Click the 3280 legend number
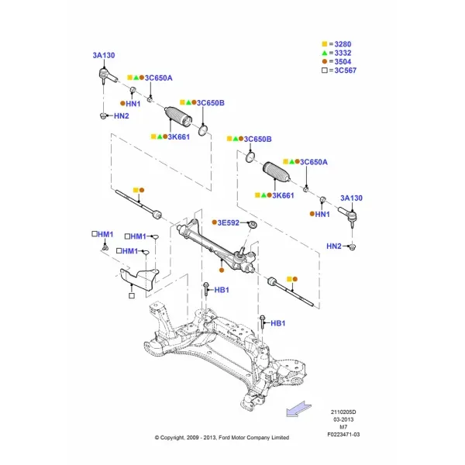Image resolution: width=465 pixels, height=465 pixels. click(343, 44)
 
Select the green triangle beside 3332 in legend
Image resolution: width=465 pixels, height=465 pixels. click(325, 53)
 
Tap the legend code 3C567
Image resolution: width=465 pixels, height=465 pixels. click(345, 71)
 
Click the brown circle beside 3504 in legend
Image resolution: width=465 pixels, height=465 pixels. click(325, 61)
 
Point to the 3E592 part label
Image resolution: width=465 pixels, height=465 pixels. click(229, 222)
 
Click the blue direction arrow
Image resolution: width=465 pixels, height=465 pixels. click(298, 409)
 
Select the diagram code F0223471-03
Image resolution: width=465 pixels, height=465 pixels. click(343, 435)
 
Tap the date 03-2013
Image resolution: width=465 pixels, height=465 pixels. click(343, 419)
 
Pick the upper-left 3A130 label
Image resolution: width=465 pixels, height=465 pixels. click(104, 56)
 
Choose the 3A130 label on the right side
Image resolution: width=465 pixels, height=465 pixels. click(351, 198)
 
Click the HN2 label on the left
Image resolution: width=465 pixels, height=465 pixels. click(122, 116)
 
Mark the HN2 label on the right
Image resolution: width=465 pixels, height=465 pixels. click(334, 246)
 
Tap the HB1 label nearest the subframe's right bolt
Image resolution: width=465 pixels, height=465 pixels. click(278, 323)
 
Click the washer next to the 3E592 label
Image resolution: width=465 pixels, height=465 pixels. click(253, 225)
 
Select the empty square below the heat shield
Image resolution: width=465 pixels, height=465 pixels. click(132, 296)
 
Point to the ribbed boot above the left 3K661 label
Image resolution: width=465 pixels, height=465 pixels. click(178, 115)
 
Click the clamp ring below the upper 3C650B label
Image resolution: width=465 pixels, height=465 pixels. click(203, 130)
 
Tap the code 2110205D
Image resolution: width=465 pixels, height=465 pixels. click(343, 412)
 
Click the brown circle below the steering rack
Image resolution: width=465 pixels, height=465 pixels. click(222, 270)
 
